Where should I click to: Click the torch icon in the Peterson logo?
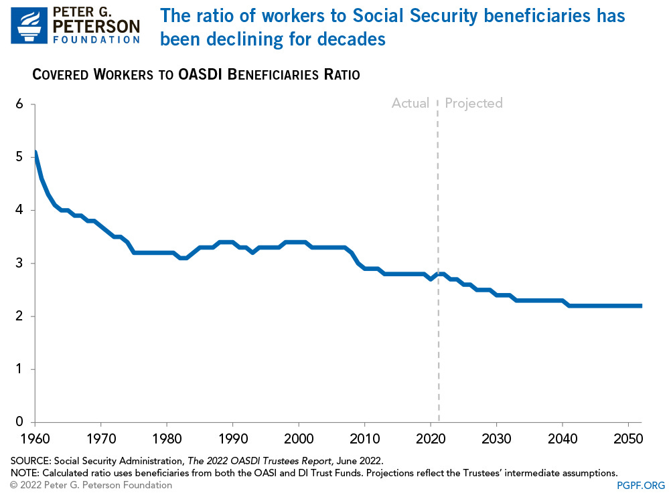tap(29, 26)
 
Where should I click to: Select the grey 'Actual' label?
tap(410, 103)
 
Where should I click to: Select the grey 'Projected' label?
tap(473, 103)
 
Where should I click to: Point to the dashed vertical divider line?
tap(439, 268)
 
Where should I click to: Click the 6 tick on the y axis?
tap(19, 104)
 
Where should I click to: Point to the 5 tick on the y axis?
tap(19, 157)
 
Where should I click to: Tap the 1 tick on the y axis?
tap(19, 369)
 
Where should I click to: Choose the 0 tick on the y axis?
tap(19, 422)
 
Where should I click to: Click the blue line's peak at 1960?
tap(35, 153)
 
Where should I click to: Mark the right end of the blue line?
tap(642, 306)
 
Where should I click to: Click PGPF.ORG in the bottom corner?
tap(642, 484)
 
